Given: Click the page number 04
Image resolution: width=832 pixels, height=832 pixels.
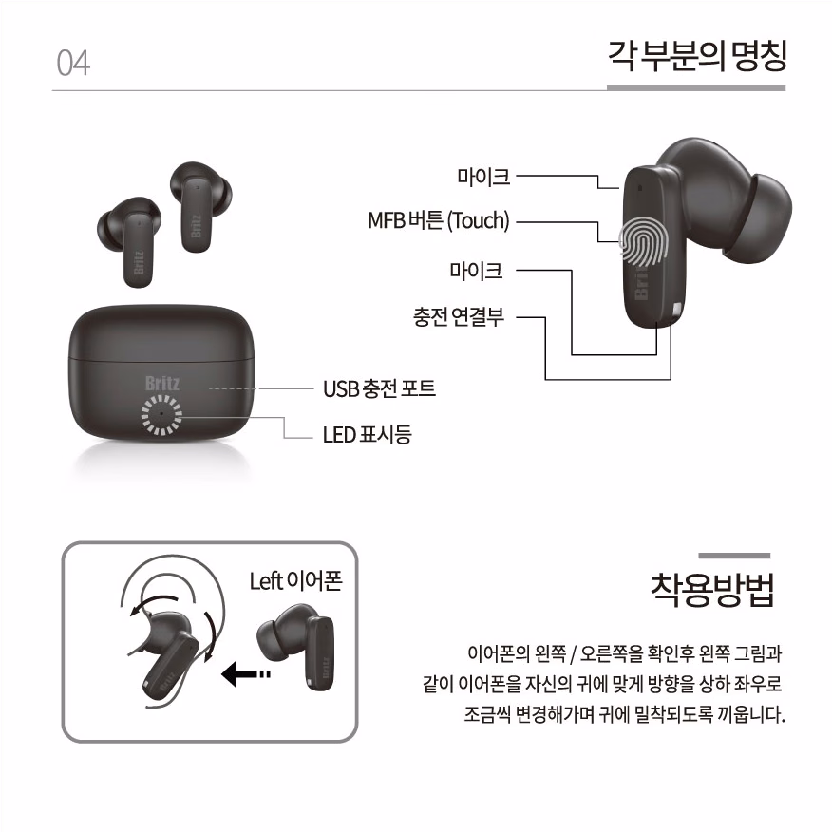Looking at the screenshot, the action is [x=73, y=63].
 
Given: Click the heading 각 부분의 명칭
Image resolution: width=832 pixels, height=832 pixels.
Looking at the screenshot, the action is [x=697, y=56].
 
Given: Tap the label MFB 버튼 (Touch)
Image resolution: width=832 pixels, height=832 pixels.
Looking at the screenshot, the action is [x=439, y=220].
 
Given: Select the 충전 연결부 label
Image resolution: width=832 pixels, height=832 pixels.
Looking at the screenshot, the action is [x=459, y=317].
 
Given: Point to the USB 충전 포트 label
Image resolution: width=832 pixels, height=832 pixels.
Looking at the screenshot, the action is [x=379, y=388].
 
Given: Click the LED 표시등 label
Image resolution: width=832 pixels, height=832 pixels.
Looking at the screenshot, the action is [x=368, y=435].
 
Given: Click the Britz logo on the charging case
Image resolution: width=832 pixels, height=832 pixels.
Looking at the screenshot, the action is [x=162, y=383].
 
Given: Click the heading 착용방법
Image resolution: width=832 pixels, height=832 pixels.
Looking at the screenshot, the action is [x=712, y=590].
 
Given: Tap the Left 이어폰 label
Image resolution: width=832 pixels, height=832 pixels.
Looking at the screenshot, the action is [x=296, y=581].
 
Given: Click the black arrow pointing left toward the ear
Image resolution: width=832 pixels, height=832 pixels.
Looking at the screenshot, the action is [x=246, y=674].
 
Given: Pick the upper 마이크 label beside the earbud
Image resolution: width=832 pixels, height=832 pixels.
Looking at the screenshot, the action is [x=483, y=177].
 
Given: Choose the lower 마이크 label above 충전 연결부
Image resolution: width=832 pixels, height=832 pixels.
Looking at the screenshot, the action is [x=476, y=271].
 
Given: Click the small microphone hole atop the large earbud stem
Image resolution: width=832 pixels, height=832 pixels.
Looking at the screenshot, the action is [x=639, y=187].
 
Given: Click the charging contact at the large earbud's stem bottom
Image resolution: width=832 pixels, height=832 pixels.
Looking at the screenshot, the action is [x=676, y=311].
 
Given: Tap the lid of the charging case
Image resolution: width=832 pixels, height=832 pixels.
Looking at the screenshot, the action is [x=161, y=333].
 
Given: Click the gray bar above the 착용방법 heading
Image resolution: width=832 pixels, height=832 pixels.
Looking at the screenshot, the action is [x=734, y=556].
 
